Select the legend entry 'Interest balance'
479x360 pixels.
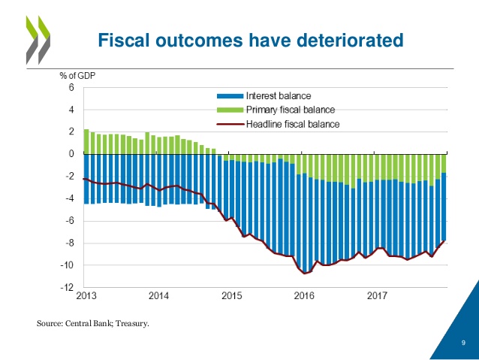[x=279, y=96]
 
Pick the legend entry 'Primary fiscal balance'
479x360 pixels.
[x=291, y=110]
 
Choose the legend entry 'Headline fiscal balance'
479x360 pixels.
[x=294, y=123]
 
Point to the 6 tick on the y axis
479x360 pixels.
[x=71, y=87]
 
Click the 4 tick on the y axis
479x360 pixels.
[x=71, y=110]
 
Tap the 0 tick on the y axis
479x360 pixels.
[x=71, y=154]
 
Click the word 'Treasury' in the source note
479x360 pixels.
[x=130, y=324]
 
